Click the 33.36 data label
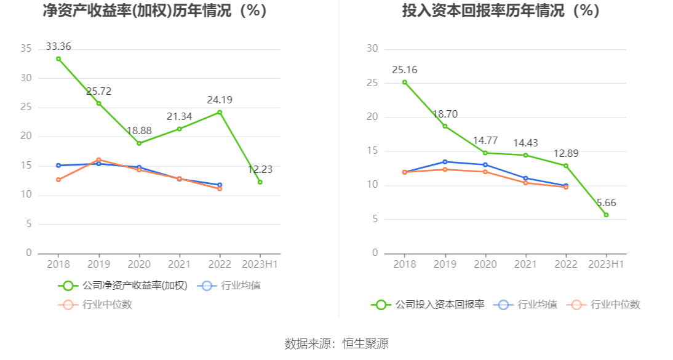tap(58, 46)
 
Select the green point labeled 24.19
tap(220, 112)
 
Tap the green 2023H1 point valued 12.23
tap(260, 182)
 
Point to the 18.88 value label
tap(139, 130)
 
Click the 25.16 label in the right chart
tap(404, 69)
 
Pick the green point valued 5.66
tap(606, 215)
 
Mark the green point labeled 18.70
tap(445, 126)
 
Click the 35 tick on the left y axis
tap(26, 49)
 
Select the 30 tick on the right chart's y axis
tap(372, 49)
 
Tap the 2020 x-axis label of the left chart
tap(139, 264)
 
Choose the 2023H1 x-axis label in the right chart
tap(606, 264)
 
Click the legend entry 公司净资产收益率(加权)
tap(123, 286)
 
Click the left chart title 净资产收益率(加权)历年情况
tap(154, 10)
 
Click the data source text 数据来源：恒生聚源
tap(336, 343)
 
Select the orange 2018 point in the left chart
tap(58, 180)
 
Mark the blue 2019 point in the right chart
tap(445, 162)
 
